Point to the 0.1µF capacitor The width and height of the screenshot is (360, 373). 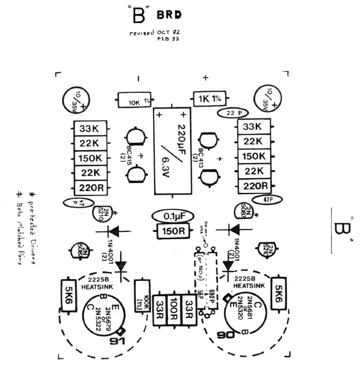coord(172,216)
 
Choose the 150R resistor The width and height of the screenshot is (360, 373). coord(173,230)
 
